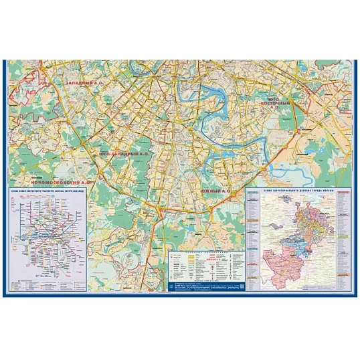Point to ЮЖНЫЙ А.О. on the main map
(215, 191)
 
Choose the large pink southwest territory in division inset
(281, 258)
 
